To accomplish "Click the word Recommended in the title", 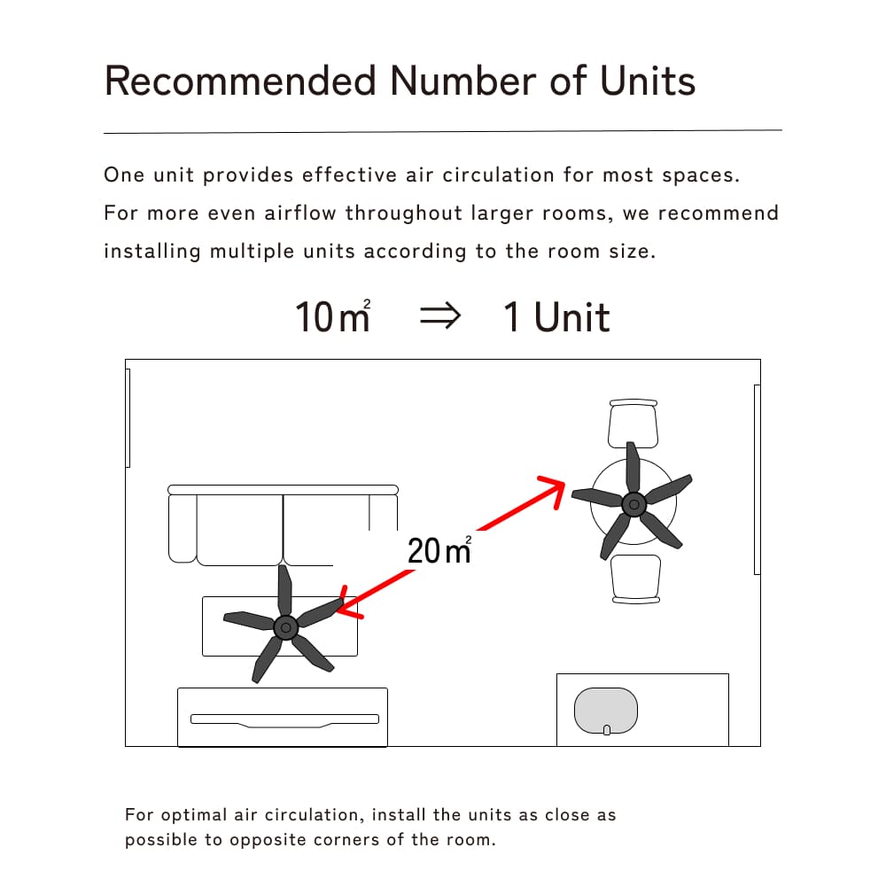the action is pyautogui.click(x=240, y=81).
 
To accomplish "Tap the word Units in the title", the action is pyautogui.click(x=647, y=81).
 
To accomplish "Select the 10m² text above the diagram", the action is pyautogui.click(x=333, y=315).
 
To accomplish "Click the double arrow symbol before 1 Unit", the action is pyautogui.click(x=440, y=315).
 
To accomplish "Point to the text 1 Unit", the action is pyautogui.click(x=556, y=316).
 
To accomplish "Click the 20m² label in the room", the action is pyautogui.click(x=439, y=550).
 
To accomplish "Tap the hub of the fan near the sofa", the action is pyautogui.click(x=285, y=628).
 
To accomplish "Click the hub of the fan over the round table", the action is pyautogui.click(x=634, y=504).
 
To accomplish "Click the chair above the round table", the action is pyautogui.click(x=633, y=424).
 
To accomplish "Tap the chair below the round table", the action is pyautogui.click(x=635, y=579).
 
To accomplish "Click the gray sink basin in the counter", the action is pyautogui.click(x=606, y=711).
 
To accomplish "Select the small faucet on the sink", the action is pyautogui.click(x=607, y=730).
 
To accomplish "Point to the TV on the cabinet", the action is pyautogui.click(x=284, y=719).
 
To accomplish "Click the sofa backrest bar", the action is pyautogui.click(x=284, y=490).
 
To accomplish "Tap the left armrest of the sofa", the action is pyautogui.click(x=183, y=528).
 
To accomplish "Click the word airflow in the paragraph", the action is pyautogui.click(x=300, y=213).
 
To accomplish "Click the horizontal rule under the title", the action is pyautogui.click(x=443, y=132).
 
